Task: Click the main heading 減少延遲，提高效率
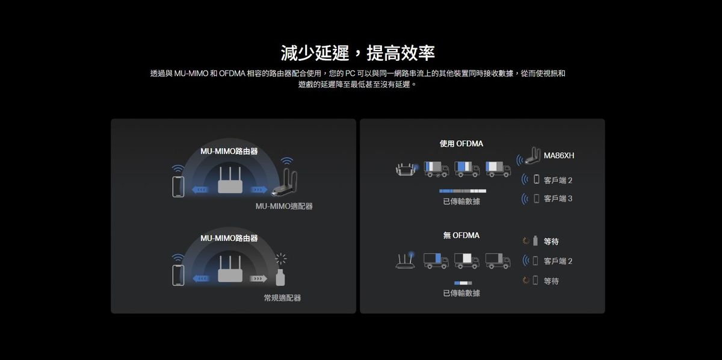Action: point(358,53)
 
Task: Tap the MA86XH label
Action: point(558,155)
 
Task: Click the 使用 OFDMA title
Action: point(461,143)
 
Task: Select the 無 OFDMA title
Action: point(461,235)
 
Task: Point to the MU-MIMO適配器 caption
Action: point(284,206)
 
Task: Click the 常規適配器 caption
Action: point(282,298)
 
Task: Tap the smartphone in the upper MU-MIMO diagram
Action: point(178,187)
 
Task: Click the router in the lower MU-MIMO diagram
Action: point(230,269)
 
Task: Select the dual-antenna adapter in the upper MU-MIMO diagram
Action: point(285,182)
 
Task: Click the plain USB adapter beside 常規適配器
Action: point(280,278)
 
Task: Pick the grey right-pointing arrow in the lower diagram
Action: point(258,278)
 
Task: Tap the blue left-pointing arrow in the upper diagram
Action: point(200,190)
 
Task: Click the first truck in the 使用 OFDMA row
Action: point(436,169)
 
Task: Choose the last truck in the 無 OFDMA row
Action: point(498,261)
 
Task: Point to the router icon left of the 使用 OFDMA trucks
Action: point(407,169)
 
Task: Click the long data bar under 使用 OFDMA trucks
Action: point(463,191)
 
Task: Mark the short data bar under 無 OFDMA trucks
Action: point(463,283)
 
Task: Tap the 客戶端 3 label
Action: point(558,199)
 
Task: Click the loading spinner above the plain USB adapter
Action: point(281,259)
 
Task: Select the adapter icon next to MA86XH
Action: point(532,156)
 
